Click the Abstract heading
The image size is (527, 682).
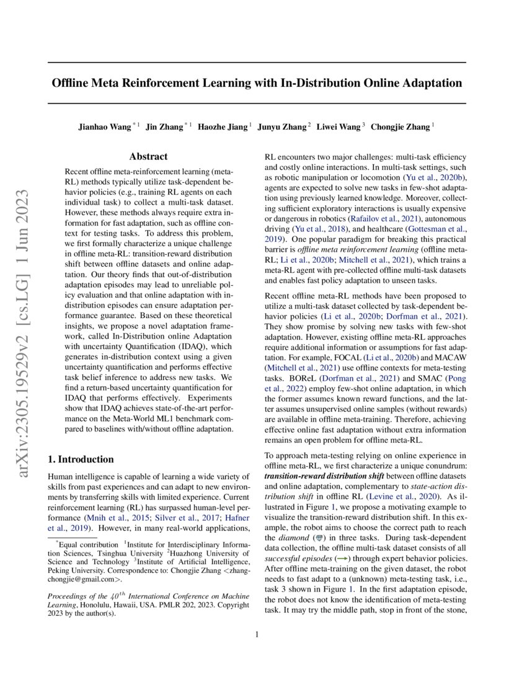148,157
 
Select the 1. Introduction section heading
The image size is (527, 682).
81,459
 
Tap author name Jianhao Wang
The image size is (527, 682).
105,127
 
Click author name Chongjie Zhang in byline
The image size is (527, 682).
401,127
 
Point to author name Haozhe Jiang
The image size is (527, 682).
223,127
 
